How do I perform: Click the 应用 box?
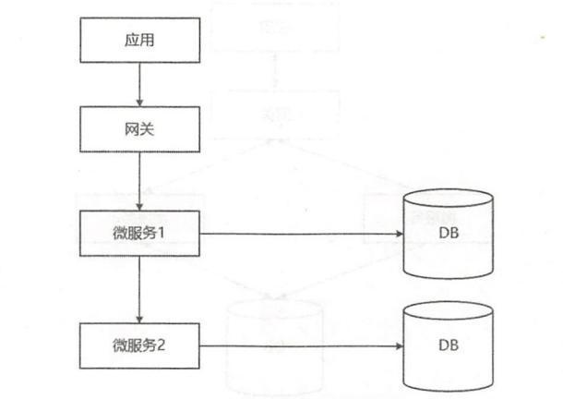[138, 44]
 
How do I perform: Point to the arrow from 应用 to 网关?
[138, 87]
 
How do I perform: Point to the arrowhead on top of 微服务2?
[138, 319]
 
